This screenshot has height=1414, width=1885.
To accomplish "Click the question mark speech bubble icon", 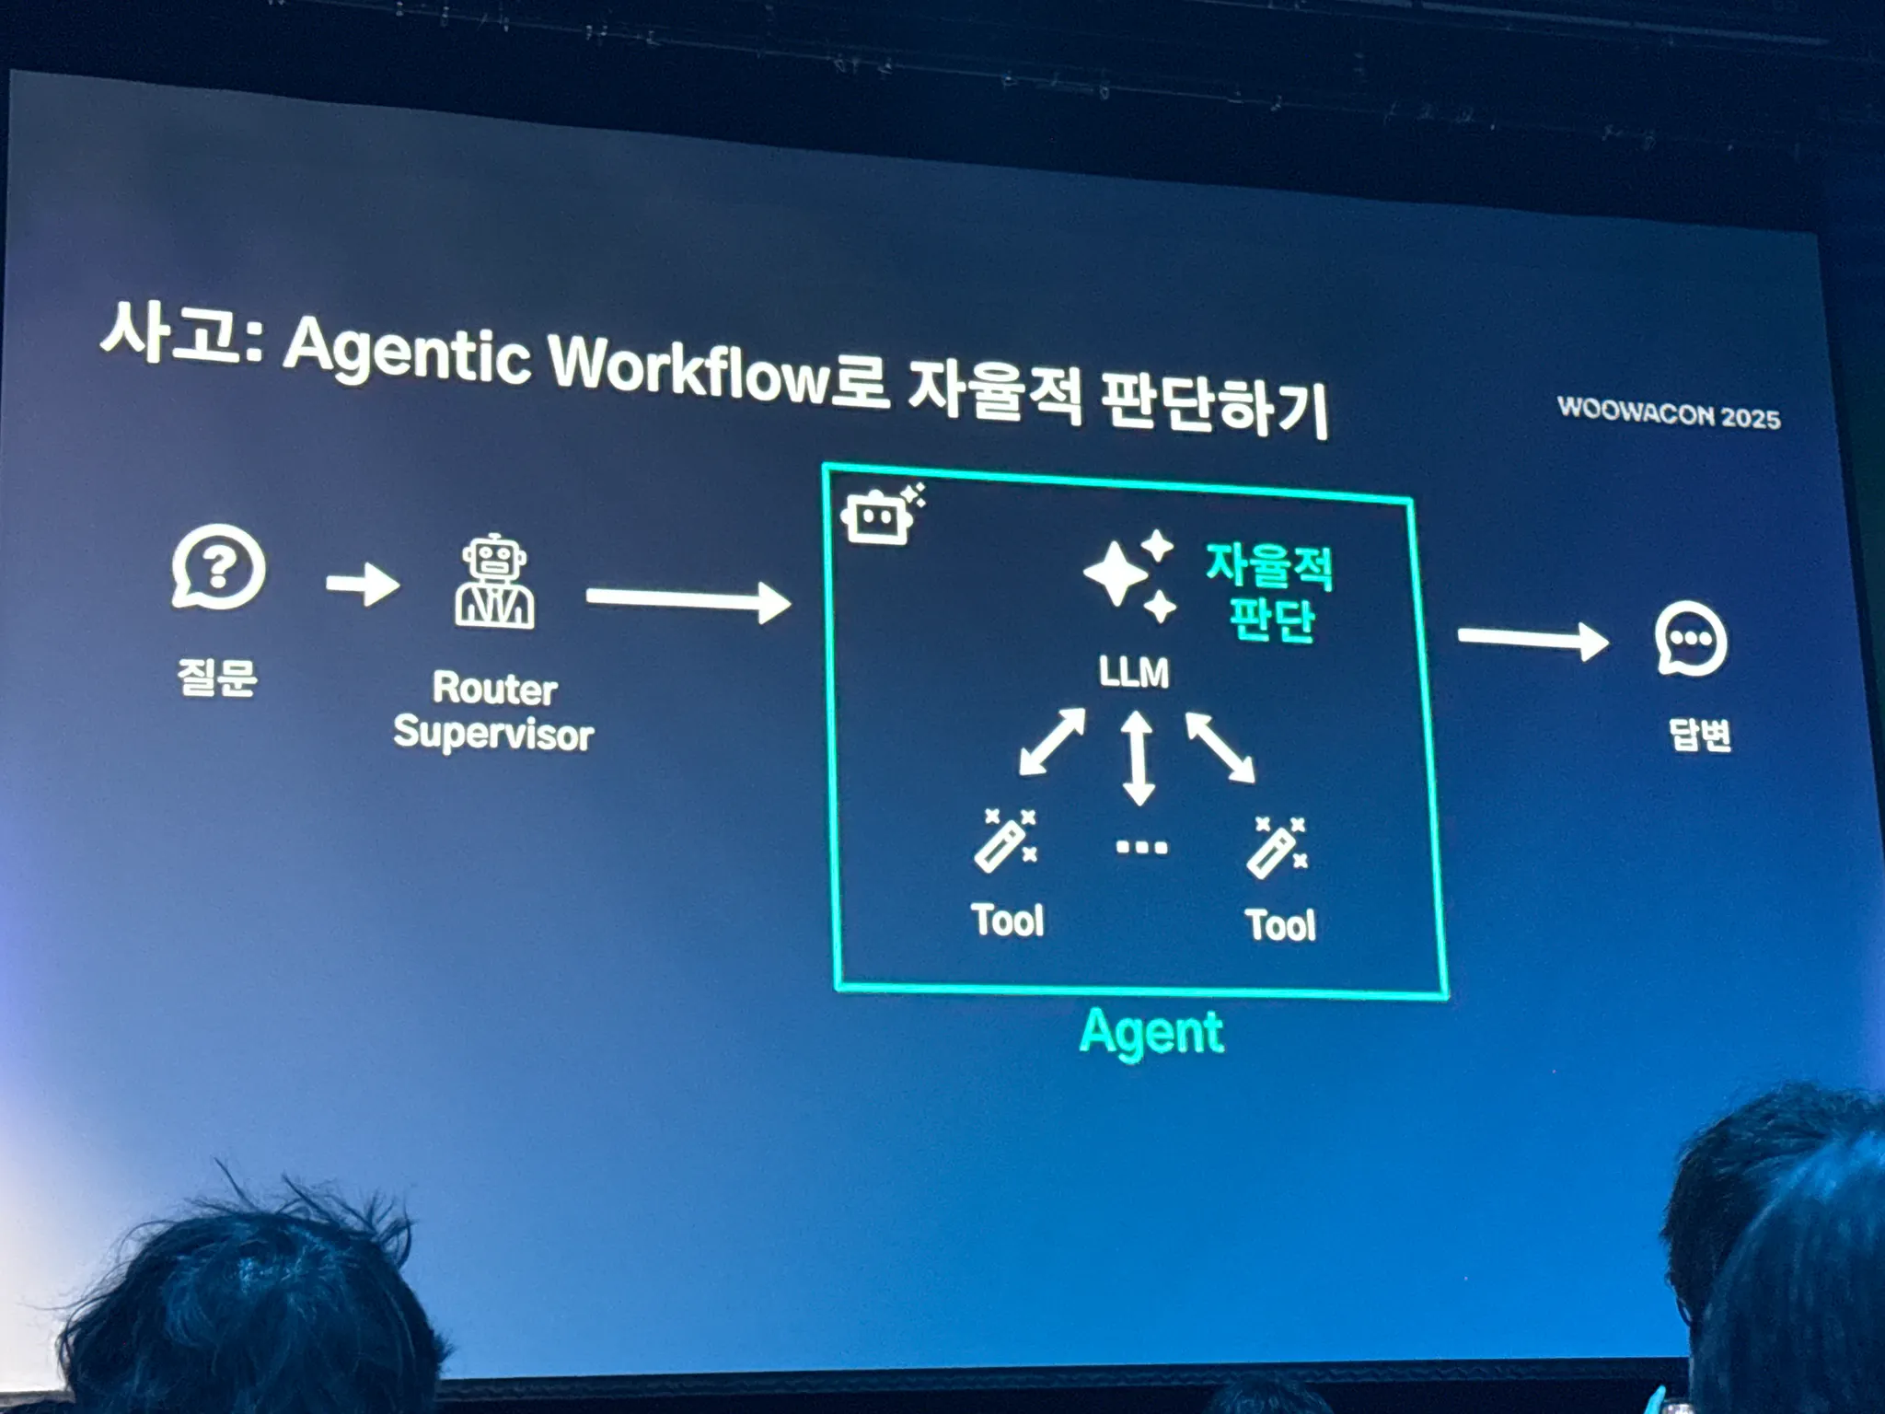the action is (x=218, y=567).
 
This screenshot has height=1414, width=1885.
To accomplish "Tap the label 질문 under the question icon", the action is (x=217, y=677).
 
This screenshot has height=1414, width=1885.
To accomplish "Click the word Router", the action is (x=495, y=688).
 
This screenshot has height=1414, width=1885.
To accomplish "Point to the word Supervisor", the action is (x=493, y=734).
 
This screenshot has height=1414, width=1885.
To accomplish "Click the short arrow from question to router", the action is (x=363, y=584).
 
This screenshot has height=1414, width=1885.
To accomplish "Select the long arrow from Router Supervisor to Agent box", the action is (x=688, y=600).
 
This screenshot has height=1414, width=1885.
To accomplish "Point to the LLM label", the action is (x=1134, y=672).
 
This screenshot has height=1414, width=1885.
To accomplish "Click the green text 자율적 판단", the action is (x=1270, y=592).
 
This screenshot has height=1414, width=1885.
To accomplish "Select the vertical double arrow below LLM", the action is (x=1138, y=758).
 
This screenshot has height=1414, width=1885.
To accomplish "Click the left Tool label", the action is (x=1008, y=920).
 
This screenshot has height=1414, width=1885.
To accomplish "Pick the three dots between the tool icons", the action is (x=1141, y=847).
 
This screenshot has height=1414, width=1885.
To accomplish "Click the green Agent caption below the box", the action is (x=1151, y=1032).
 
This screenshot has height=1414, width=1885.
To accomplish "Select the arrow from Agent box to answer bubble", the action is (x=1532, y=640).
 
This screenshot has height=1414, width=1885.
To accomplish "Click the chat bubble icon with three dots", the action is (x=1691, y=640).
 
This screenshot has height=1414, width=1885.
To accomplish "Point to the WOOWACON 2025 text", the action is (x=1669, y=413).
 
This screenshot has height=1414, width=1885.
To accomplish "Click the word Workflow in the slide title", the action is (x=690, y=368).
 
